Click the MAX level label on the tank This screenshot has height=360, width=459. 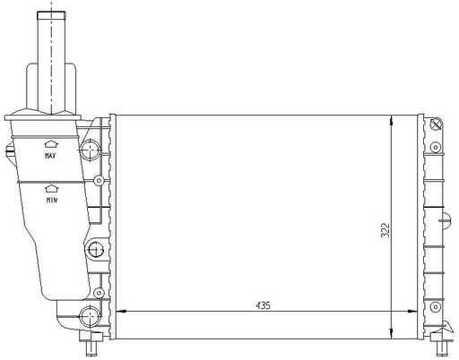point(51,156)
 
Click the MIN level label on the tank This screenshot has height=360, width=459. point(51,201)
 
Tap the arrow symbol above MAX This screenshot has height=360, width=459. point(51,142)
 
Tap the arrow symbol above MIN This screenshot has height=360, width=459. point(51,188)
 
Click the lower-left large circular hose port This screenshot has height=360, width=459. point(90,313)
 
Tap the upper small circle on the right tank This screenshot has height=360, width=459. point(436,146)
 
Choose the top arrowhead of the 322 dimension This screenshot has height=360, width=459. point(392,120)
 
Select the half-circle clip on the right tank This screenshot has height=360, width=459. point(446,219)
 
